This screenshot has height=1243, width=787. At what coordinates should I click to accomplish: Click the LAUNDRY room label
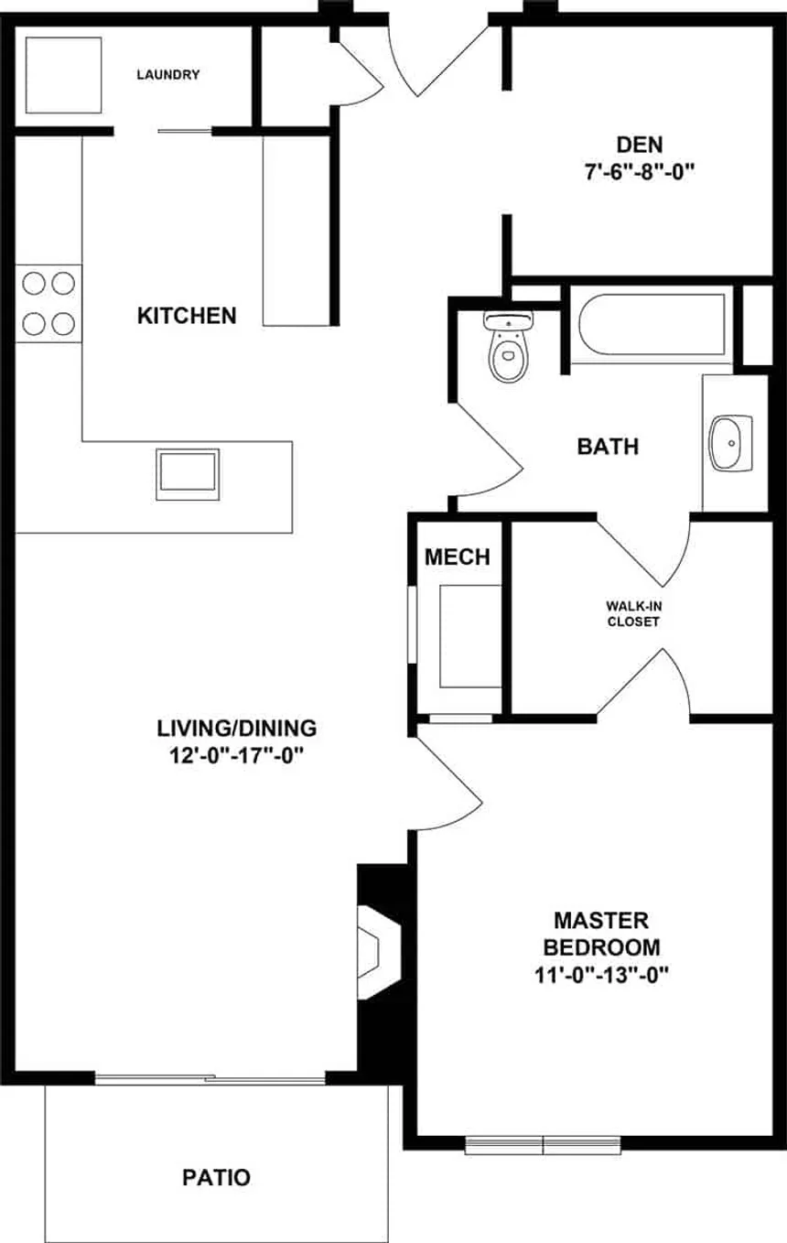[x=167, y=75]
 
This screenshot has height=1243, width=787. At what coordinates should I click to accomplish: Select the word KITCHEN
[x=187, y=316]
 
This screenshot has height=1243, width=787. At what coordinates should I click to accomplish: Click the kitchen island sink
[x=188, y=473]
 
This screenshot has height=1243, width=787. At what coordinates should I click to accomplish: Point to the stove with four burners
[x=49, y=303]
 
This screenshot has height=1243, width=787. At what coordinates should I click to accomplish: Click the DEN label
[x=640, y=144]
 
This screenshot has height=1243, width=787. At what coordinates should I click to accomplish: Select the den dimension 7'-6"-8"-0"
[x=640, y=171]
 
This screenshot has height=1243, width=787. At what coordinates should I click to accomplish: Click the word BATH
[x=608, y=448]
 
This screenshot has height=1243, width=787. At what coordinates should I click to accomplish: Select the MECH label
[x=458, y=557]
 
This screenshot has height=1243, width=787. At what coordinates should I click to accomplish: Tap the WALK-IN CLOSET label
[x=633, y=613]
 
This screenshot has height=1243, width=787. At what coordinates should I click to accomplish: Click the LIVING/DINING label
[x=237, y=729]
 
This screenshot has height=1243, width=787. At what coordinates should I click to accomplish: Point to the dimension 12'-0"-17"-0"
[x=237, y=756]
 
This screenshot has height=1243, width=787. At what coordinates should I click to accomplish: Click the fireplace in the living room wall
[x=377, y=953]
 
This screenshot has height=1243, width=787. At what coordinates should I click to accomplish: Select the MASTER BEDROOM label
[x=601, y=933]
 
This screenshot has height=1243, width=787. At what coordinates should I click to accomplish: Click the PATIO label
[x=216, y=1177]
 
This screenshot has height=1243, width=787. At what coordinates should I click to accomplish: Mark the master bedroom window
[x=544, y=1143]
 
